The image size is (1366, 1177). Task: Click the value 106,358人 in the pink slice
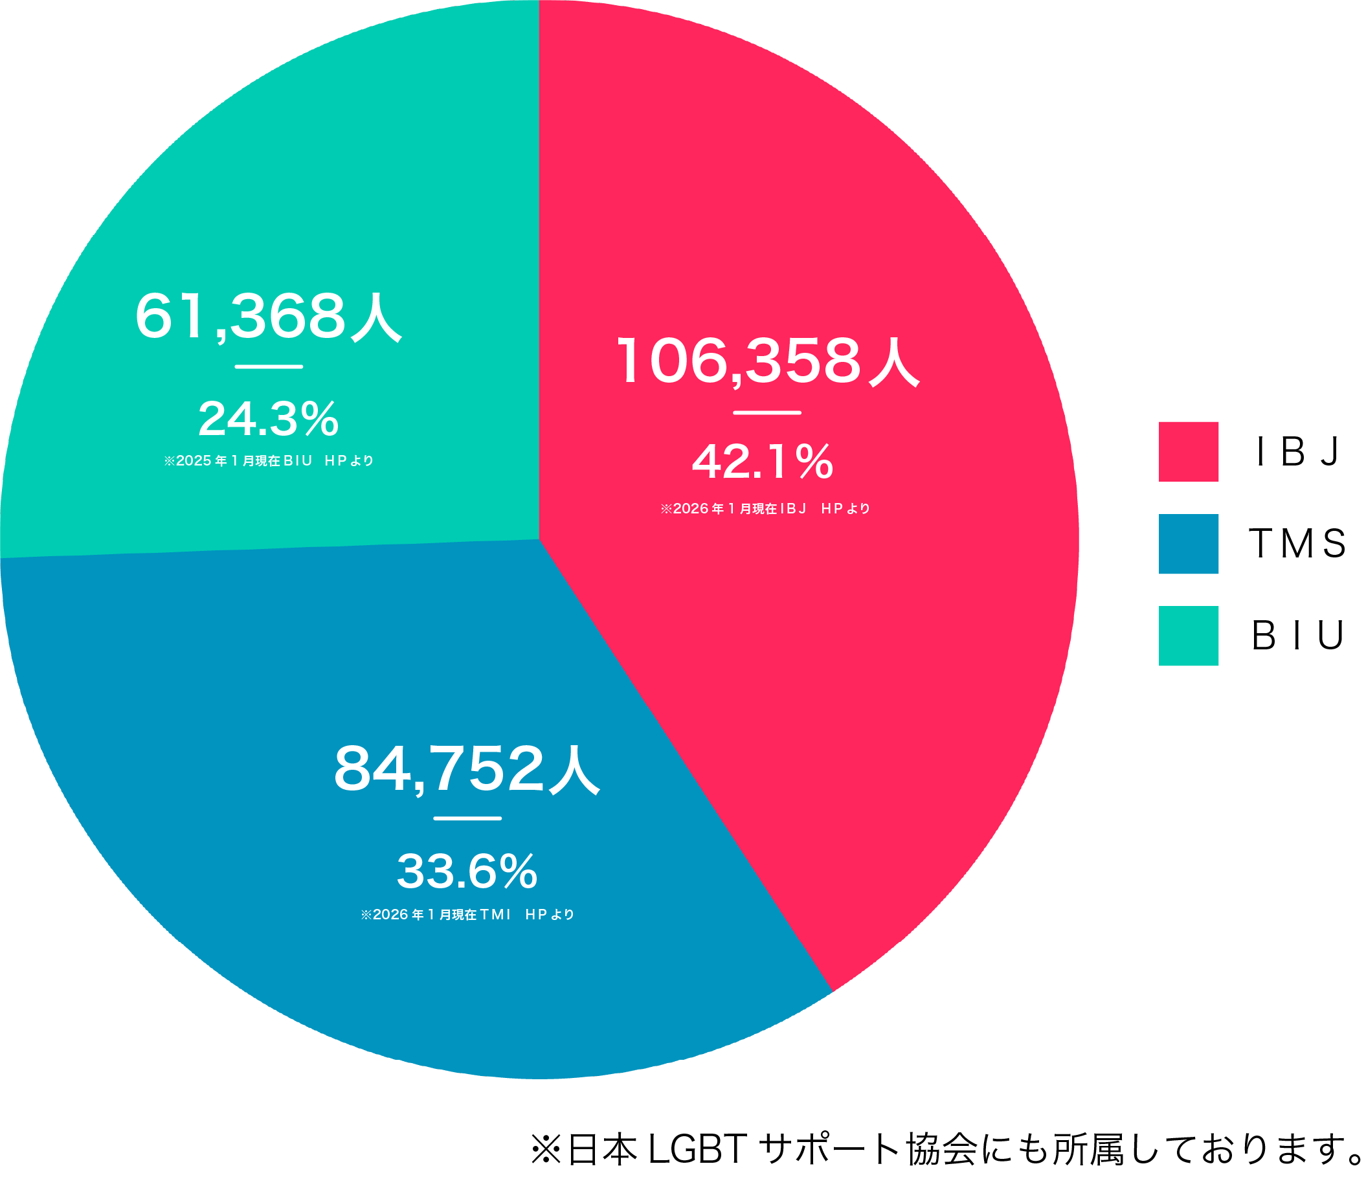coord(767,361)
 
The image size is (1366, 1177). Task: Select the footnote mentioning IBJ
coord(765,508)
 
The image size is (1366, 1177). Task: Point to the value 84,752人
coord(467,769)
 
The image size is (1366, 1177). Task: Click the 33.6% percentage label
coord(467,871)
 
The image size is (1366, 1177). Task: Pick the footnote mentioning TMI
coord(467,915)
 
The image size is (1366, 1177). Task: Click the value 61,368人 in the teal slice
coord(268,317)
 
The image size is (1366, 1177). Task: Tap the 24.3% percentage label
coord(268,420)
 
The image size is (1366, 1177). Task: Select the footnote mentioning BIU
coord(269,461)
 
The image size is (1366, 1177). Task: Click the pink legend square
coord(1189,452)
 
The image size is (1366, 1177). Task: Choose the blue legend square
coord(1189,544)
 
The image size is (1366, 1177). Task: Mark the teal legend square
coord(1189,636)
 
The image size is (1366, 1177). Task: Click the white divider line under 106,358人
coord(767,413)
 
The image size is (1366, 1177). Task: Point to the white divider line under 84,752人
coord(467,818)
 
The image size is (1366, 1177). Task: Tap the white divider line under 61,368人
coord(268,366)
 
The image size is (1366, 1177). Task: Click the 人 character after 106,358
coord(894,362)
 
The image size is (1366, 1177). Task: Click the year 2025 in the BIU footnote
coord(193,461)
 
